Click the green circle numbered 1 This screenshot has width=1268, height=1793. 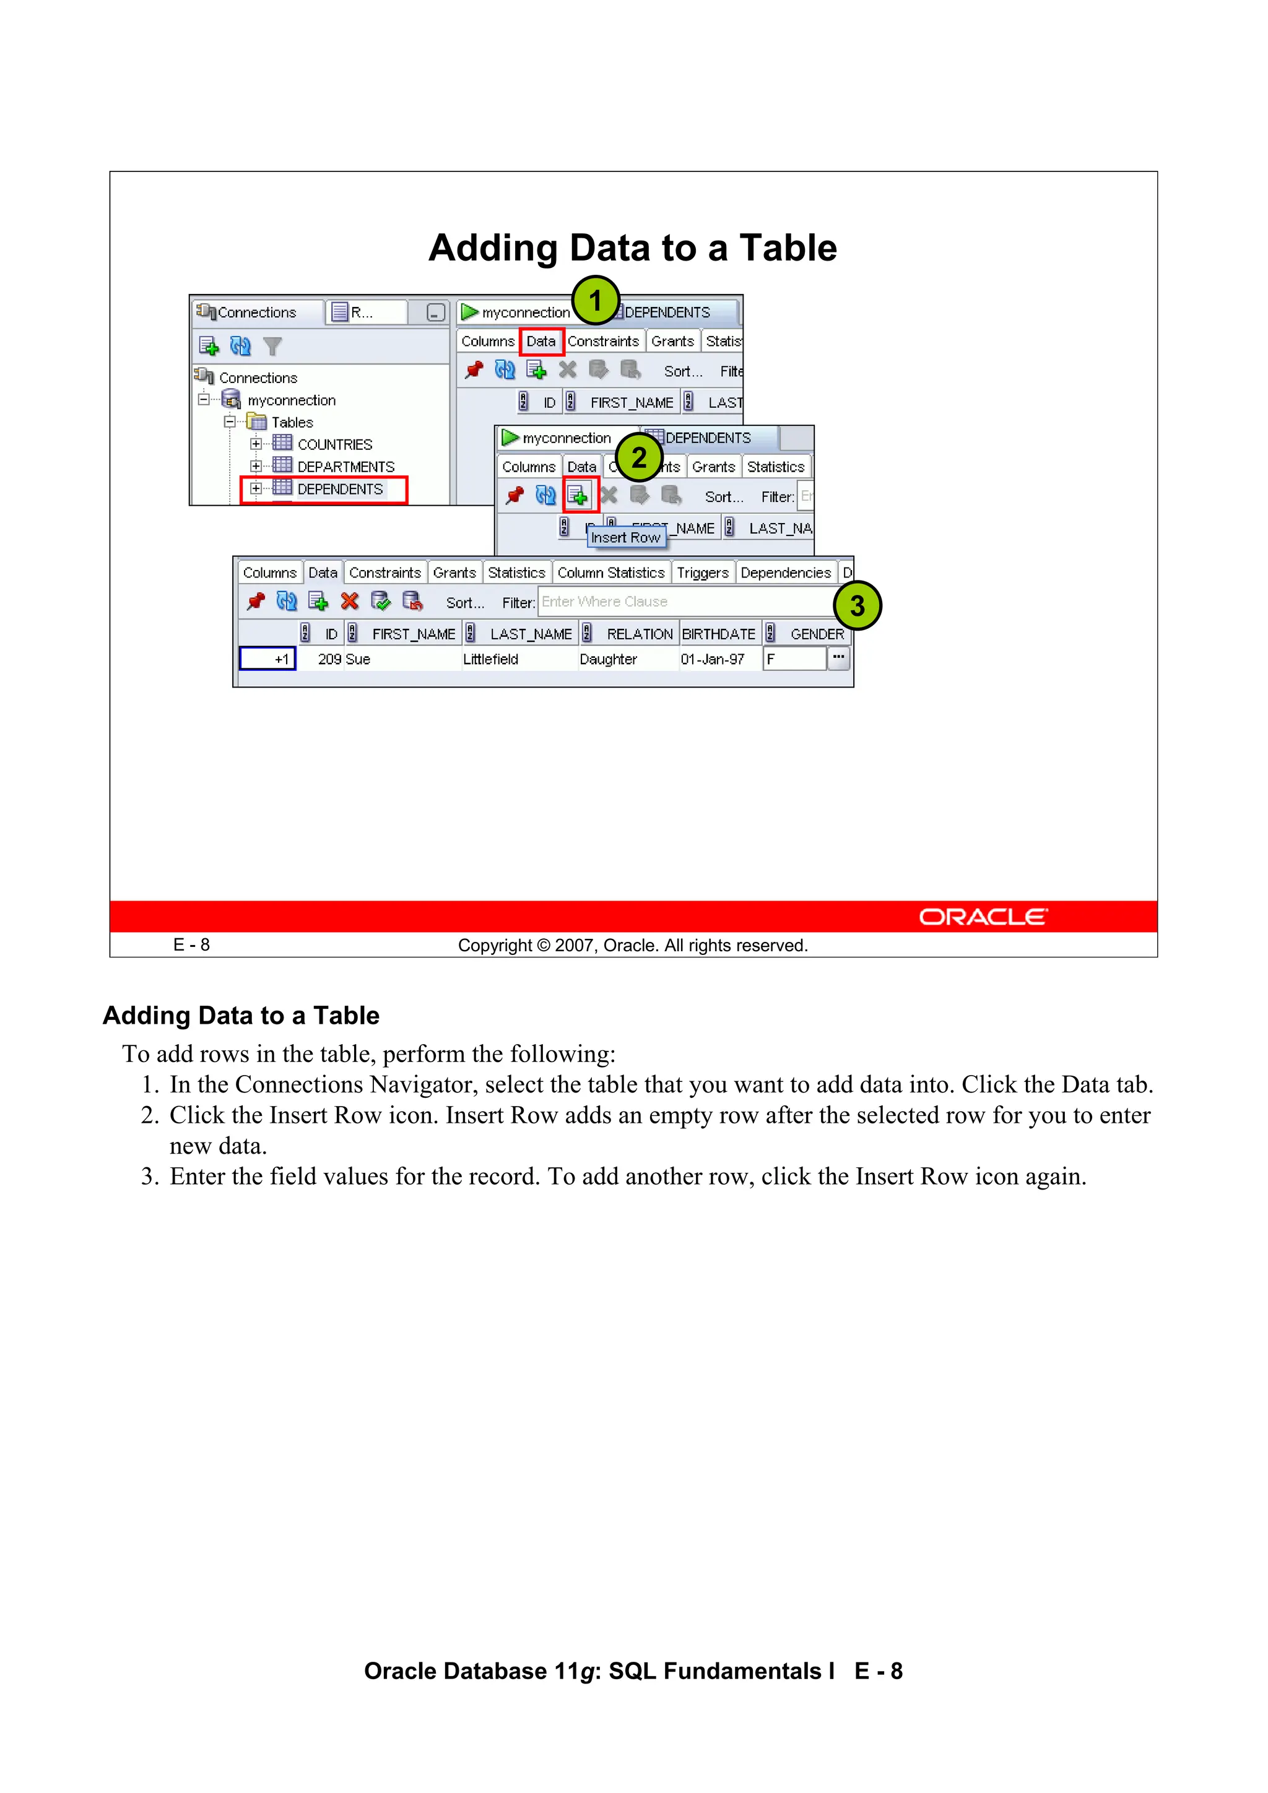coord(596,300)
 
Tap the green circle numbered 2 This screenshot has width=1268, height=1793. coord(638,457)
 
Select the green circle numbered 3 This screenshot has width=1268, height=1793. coord(857,605)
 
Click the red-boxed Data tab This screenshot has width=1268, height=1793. coord(541,341)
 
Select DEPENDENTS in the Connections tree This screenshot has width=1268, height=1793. coord(340,489)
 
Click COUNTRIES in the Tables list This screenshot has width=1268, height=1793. coord(334,444)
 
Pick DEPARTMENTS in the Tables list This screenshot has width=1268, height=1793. coord(345,466)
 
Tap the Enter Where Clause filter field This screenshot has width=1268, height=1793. coord(684,602)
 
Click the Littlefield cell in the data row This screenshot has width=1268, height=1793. coord(490,659)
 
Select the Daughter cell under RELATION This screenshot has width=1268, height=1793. coord(608,659)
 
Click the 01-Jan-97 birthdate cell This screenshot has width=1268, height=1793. coord(712,659)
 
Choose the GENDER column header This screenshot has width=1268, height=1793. coord(817,634)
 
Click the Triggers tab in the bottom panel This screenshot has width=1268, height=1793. coord(702,572)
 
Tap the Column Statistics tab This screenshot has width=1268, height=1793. coord(611,572)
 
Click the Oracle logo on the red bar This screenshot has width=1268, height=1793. coord(982,917)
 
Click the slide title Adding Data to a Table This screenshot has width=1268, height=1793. coord(633,248)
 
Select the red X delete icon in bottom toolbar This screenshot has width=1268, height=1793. coord(349,602)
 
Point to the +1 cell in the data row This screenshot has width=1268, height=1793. coord(267,659)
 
